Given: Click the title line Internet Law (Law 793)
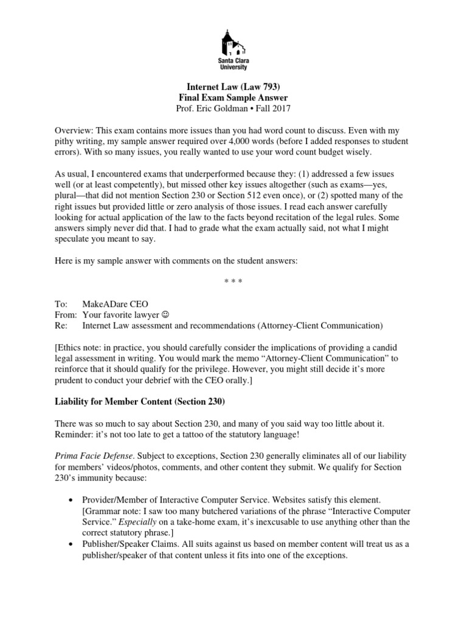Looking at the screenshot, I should click(x=233, y=87).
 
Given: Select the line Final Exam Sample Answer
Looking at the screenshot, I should click(x=233, y=98).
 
